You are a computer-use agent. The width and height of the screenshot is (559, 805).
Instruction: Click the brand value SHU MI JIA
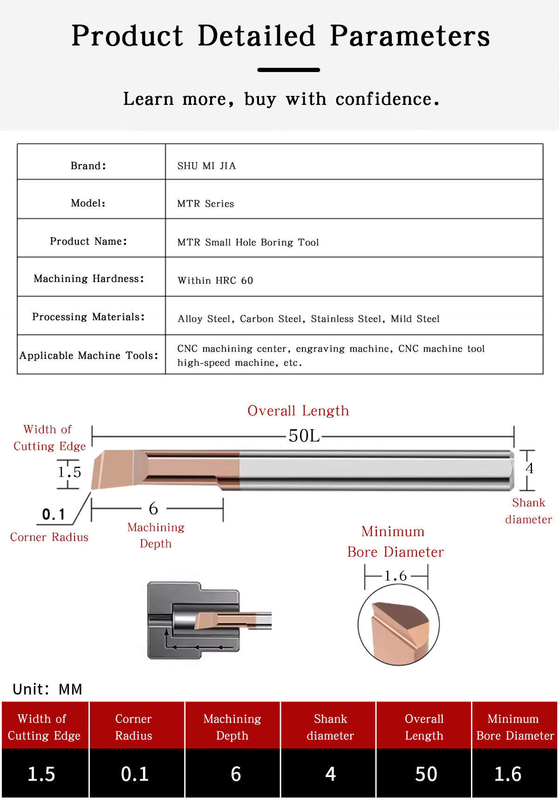pyautogui.click(x=206, y=166)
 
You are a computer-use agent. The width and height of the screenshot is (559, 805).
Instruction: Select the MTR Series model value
pyautogui.click(x=205, y=204)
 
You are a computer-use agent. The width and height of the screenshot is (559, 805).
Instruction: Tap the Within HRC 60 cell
pyautogui.click(x=215, y=281)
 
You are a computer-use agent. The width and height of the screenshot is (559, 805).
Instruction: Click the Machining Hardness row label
pyautogui.click(x=89, y=279)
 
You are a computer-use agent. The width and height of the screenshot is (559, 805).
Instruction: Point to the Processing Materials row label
pyautogui.click(x=89, y=317)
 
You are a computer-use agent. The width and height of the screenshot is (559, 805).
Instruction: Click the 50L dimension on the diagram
pyautogui.click(x=304, y=436)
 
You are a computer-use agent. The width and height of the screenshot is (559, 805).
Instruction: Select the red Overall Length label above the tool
pyautogui.click(x=298, y=411)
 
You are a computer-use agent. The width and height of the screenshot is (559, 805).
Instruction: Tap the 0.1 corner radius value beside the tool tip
pyautogui.click(x=54, y=515)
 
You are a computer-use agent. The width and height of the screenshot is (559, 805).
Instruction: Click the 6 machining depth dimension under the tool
pyautogui.click(x=153, y=509)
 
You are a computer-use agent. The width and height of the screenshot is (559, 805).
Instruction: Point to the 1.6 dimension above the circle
pyautogui.click(x=395, y=576)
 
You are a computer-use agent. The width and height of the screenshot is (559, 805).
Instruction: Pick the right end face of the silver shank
pyautogui.click(x=511, y=470)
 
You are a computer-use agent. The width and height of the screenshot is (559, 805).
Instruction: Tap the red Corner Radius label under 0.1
pyautogui.click(x=49, y=537)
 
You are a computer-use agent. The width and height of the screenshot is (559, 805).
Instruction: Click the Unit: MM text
pyautogui.click(x=48, y=689)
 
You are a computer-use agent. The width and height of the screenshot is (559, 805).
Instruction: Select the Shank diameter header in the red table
pyautogui.click(x=330, y=727)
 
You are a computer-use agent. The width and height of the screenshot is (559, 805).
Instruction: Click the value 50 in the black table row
pyautogui.click(x=426, y=774)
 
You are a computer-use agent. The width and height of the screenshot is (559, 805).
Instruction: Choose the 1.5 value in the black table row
pyautogui.click(x=41, y=774)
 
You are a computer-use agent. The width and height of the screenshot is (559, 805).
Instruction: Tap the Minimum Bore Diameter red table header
pyautogui.click(x=515, y=727)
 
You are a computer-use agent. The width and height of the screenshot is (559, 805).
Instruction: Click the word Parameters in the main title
pyautogui.click(x=410, y=36)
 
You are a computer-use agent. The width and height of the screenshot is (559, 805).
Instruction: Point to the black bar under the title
pyautogui.click(x=289, y=70)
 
